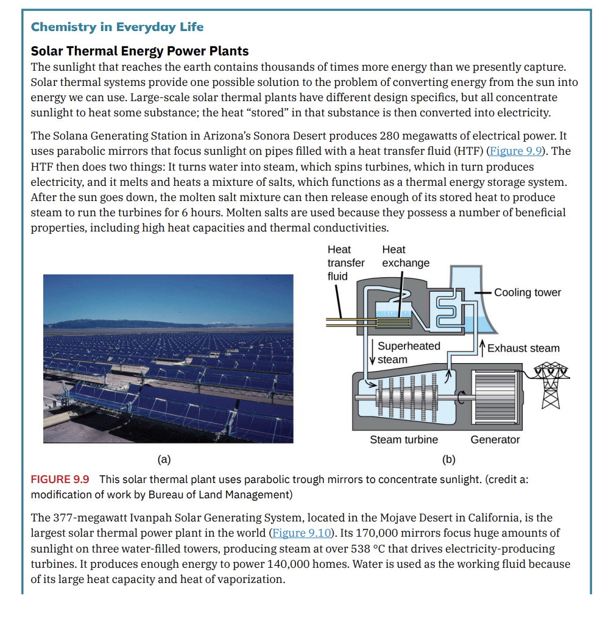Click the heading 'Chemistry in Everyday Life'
pyautogui.click(x=117, y=27)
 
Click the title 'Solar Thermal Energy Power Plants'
pyautogui.click(x=139, y=51)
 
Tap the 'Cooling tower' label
pyautogui.click(x=528, y=292)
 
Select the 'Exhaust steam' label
pyautogui.click(x=523, y=348)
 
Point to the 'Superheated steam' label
pyautogui.click(x=409, y=353)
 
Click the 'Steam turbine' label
pyautogui.click(x=404, y=440)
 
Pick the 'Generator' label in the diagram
pyautogui.click(x=495, y=440)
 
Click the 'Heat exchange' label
pyautogui.click(x=405, y=256)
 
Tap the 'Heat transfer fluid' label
pyautogui.click(x=345, y=263)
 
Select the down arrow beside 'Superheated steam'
pyautogui.click(x=372, y=352)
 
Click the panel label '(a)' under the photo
pyautogui.click(x=164, y=459)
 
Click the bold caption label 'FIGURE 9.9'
pyautogui.click(x=60, y=479)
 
